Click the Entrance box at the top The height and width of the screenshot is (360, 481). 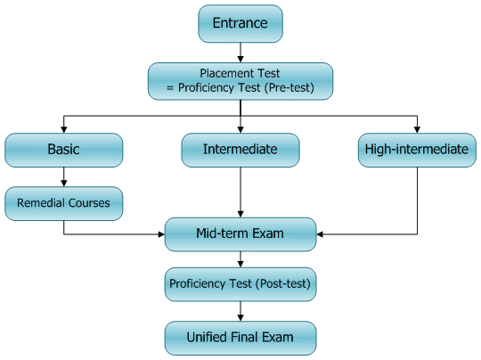coord(240,22)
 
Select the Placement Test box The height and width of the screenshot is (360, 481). coord(240,80)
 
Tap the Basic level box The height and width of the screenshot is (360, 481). coord(63,150)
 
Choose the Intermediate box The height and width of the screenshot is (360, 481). coord(240,150)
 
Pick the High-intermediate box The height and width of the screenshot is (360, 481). coord(416,150)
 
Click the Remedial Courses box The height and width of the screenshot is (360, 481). coord(63,203)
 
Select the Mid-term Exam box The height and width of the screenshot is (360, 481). coord(240,234)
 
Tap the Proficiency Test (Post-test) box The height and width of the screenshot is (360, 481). coord(240,284)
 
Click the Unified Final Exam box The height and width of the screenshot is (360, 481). coord(240,337)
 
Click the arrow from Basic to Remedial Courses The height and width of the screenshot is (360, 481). coord(63,176)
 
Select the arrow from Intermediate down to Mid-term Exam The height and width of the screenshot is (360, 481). coord(240,192)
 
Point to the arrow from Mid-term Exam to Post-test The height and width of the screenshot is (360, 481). coord(240,259)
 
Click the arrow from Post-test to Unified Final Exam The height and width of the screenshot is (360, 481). coord(240,311)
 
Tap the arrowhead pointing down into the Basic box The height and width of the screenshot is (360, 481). coord(63,128)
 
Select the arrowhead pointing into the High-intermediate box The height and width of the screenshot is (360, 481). coord(416,128)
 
